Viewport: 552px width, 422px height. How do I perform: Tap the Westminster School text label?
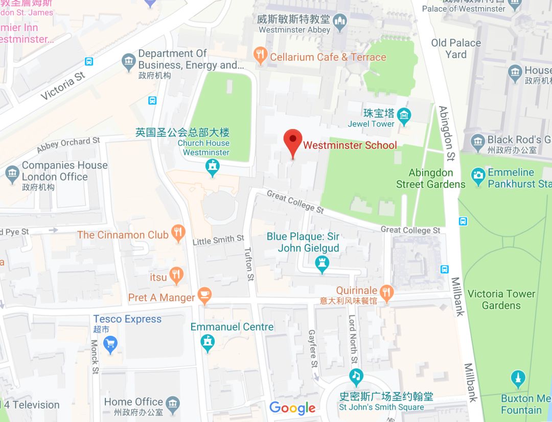pyautogui.click(x=350, y=145)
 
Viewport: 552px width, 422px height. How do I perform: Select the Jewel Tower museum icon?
pyautogui.click(x=405, y=116)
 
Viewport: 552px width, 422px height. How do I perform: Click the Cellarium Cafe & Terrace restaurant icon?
pyautogui.click(x=261, y=56)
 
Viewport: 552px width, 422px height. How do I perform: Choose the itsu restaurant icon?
pyautogui.click(x=176, y=276)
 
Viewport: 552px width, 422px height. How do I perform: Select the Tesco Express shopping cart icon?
pyautogui.click(x=110, y=344)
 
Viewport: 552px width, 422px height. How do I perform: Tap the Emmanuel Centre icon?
pyautogui.click(x=208, y=342)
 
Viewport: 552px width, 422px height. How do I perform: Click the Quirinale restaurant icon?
pyautogui.click(x=386, y=292)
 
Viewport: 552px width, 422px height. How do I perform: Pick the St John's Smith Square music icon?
pyautogui.click(x=356, y=377)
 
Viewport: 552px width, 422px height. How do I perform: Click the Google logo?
pyautogui.click(x=292, y=408)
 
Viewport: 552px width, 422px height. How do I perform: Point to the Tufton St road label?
pyautogui.click(x=249, y=264)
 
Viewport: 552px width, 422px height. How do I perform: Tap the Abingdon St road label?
pyautogui.click(x=446, y=133)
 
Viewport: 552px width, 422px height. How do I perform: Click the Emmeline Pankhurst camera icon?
pyautogui.click(x=478, y=177)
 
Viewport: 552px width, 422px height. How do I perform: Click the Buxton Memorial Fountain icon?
pyautogui.click(x=518, y=379)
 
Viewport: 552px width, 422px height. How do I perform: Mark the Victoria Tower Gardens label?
pyautogui.click(x=501, y=300)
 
